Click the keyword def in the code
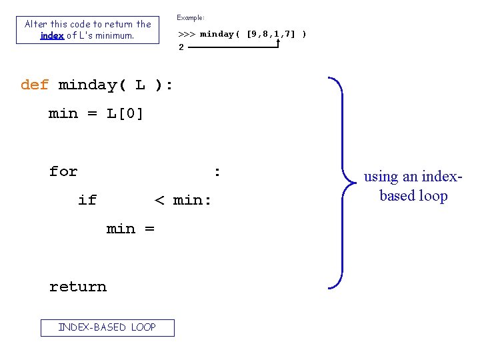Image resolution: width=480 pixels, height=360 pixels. (35, 85)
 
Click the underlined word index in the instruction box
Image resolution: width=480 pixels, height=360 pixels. (52, 35)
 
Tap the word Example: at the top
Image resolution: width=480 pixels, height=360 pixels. (191, 17)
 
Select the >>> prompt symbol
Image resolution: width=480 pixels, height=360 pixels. (186, 34)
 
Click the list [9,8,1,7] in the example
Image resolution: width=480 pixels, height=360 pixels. (271, 34)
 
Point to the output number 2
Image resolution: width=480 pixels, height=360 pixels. (181, 47)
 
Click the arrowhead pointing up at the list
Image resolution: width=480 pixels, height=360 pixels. (277, 41)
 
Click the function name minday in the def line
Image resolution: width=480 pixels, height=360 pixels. (87, 85)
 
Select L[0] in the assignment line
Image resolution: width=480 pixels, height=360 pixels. (125, 113)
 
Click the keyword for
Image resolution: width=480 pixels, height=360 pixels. (63, 171)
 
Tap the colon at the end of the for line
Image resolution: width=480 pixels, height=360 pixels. (217, 171)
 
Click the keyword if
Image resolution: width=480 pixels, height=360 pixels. (87, 200)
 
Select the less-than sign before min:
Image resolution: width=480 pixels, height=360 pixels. (159, 200)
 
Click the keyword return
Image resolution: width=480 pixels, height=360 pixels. (77, 287)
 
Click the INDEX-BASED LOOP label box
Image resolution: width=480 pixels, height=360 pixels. (107, 327)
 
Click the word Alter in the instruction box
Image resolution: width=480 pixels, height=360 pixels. (36, 24)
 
